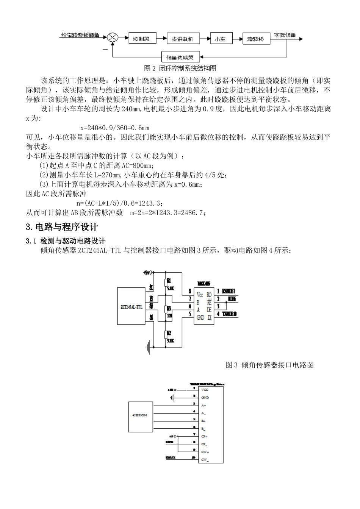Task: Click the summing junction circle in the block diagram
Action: (113, 37)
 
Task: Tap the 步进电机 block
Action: (183, 39)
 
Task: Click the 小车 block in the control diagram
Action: (220, 39)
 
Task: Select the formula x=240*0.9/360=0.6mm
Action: (115, 128)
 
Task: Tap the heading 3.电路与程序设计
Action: (62, 227)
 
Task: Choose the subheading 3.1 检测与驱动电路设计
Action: (65, 241)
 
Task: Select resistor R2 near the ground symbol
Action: (167, 336)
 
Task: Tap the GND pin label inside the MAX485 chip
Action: (201, 317)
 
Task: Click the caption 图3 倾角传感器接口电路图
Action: (269, 365)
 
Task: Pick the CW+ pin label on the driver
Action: (205, 452)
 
